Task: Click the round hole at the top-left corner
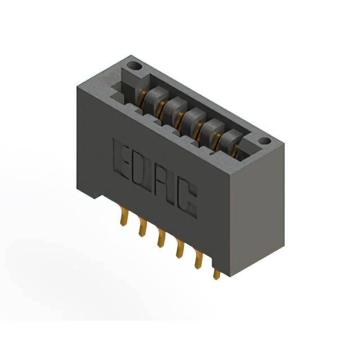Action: click(x=134, y=66)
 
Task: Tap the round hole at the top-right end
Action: click(x=264, y=141)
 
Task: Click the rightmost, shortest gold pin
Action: click(x=216, y=274)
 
